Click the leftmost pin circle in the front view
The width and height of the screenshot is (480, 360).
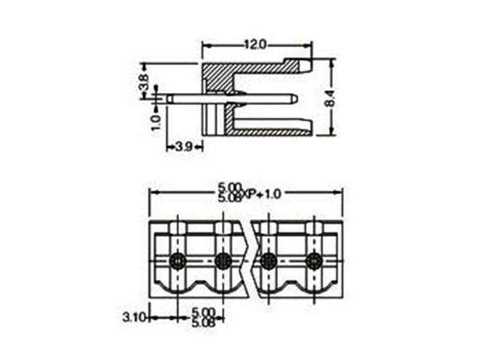[178, 261]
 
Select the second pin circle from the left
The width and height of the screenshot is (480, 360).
[223, 261]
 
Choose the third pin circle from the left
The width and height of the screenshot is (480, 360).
[268, 261]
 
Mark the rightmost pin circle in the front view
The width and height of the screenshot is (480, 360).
[313, 261]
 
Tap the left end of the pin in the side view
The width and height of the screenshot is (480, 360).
[168, 97]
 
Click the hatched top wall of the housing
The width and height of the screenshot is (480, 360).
[225, 75]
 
